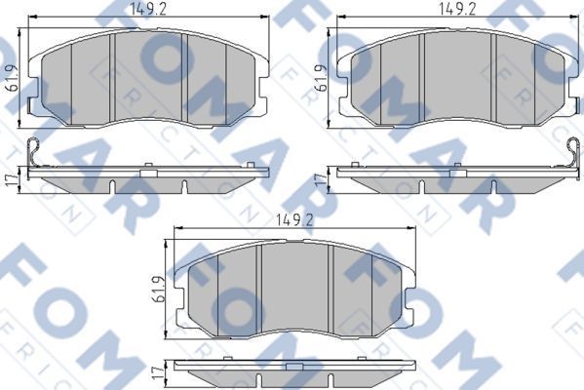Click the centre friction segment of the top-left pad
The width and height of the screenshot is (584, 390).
(x=149, y=73)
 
